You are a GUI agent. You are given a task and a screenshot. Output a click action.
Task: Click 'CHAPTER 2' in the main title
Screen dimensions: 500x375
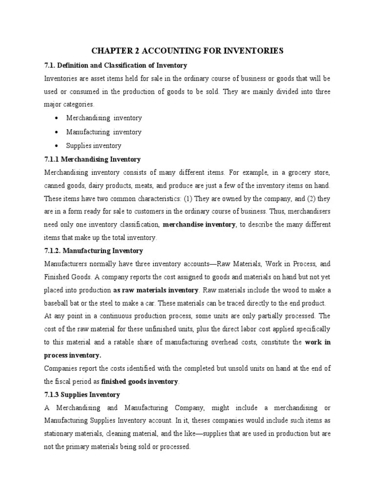[x=110, y=50]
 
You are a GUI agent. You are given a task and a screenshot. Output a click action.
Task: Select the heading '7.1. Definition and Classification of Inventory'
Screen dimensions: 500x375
[x=115, y=65]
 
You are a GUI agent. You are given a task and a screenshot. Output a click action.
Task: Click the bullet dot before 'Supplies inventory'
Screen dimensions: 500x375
[x=58, y=146]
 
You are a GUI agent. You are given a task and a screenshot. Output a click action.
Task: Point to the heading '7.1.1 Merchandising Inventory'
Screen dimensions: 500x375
[x=92, y=159]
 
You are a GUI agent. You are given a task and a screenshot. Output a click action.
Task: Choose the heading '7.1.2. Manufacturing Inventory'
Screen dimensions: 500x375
[x=94, y=250]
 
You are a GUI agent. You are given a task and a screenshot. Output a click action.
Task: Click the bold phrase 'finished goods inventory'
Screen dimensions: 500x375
[x=140, y=381]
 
